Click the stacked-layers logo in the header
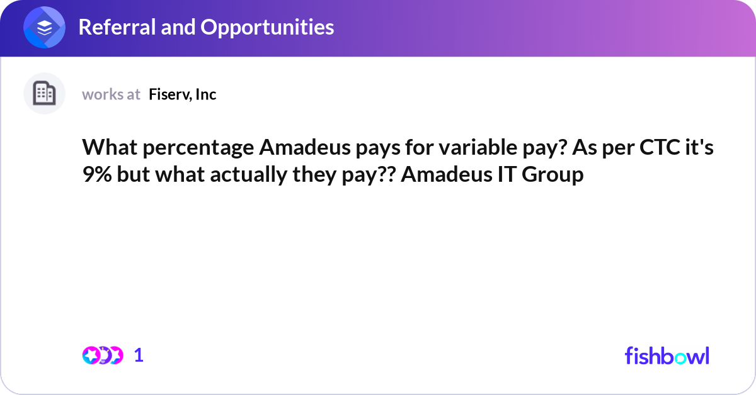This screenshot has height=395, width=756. click(45, 28)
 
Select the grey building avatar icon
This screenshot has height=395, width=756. click(44, 94)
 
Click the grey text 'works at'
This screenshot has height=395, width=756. click(111, 94)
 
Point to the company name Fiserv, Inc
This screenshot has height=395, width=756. click(183, 94)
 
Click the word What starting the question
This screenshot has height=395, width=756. click(105, 148)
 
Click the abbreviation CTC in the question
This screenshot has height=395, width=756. click(650, 148)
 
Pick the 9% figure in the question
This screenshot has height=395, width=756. click(95, 174)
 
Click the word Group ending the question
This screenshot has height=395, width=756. click(554, 174)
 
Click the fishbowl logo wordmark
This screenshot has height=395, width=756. click(667, 355)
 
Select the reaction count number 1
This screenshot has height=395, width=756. click(139, 355)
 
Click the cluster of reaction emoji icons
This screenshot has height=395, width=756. click(103, 355)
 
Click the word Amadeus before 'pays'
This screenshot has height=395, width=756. click(299, 148)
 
